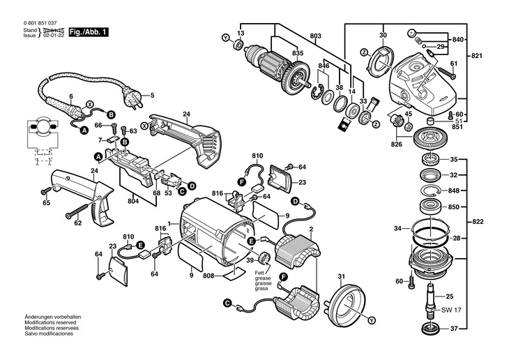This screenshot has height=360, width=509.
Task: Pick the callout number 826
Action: point(397,144)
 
